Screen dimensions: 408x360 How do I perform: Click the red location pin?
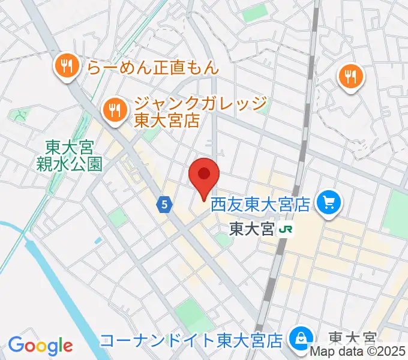coord(204,176)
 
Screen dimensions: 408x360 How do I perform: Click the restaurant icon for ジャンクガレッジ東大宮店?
coord(113,110)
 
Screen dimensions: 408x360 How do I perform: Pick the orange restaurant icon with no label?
coord(349,77)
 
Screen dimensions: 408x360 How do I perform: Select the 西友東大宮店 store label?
coord(259,205)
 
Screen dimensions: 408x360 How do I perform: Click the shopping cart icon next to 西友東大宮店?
coord(329,203)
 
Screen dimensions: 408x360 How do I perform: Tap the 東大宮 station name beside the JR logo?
coord(251,229)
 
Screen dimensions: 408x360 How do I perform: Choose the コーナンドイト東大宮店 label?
coord(191,341)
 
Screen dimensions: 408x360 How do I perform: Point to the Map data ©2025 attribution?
coord(358,352)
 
